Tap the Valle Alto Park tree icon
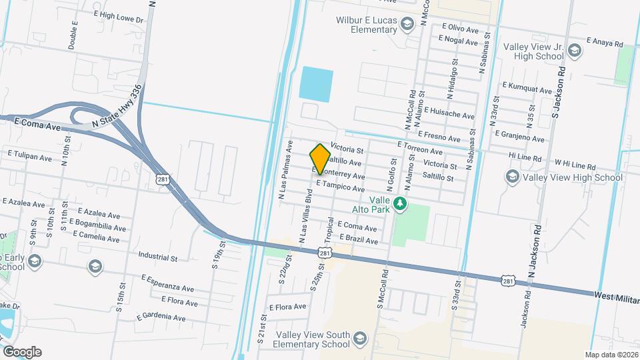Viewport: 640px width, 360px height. coord(400,203)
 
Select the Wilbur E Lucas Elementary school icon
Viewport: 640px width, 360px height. coord(405,25)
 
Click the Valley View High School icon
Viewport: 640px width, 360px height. coord(512,177)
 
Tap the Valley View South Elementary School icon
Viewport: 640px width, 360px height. coord(360,337)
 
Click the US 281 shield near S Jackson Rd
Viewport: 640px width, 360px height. coord(509,282)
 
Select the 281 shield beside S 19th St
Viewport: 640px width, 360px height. coord(163,179)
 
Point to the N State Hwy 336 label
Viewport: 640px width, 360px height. coord(118,107)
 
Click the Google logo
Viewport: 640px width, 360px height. coord(22,351)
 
